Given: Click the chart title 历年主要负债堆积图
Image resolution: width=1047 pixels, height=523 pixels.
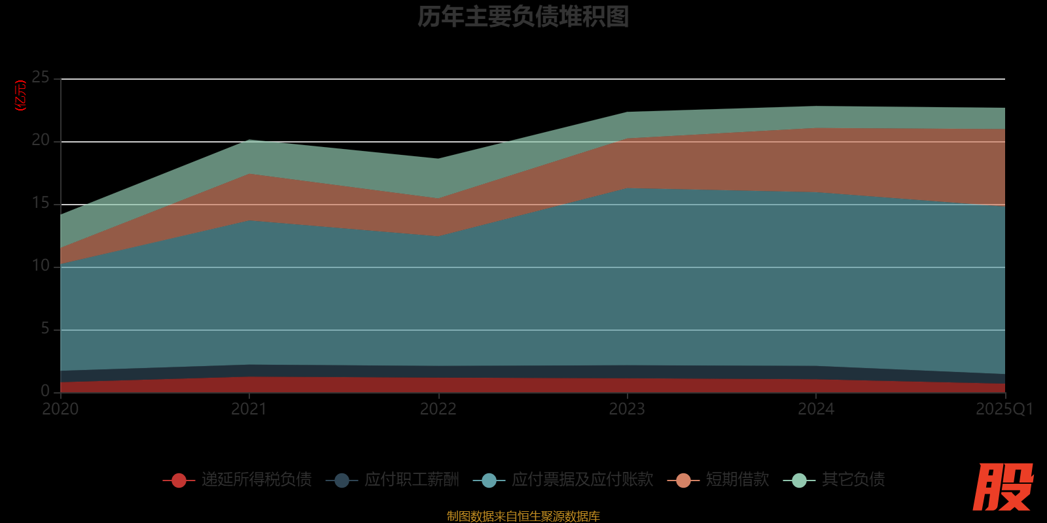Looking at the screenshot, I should pos(523,17).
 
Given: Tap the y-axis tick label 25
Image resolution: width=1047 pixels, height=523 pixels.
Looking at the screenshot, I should pos(41,78).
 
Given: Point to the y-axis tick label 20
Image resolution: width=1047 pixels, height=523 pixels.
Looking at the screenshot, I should pos(41,141).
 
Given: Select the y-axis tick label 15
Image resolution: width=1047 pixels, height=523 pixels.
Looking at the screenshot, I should pos(41,203).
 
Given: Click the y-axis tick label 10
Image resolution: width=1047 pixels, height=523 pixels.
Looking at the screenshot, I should pos(41,266).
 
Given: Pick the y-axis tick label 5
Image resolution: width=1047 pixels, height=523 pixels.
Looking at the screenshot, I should pos(45,329).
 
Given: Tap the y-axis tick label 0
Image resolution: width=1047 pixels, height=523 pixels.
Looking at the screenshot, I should pos(45,391).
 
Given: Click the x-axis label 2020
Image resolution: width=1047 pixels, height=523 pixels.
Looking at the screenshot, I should pos(60,409).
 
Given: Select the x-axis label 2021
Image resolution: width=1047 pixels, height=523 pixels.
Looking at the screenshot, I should pos(249,409).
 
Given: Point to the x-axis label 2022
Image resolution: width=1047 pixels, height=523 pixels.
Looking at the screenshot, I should pos(438,409).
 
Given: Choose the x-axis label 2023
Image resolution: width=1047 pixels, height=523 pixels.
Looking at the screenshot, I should pos(627,409).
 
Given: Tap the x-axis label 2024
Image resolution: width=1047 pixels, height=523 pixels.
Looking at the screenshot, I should pos(816,409).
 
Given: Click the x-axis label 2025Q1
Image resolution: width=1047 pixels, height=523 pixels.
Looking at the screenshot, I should pos(1004,409).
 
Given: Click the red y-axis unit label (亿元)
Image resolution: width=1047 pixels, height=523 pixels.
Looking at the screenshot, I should pos(21,95).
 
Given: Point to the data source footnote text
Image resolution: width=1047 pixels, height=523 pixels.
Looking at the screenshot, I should pos(523,516).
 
